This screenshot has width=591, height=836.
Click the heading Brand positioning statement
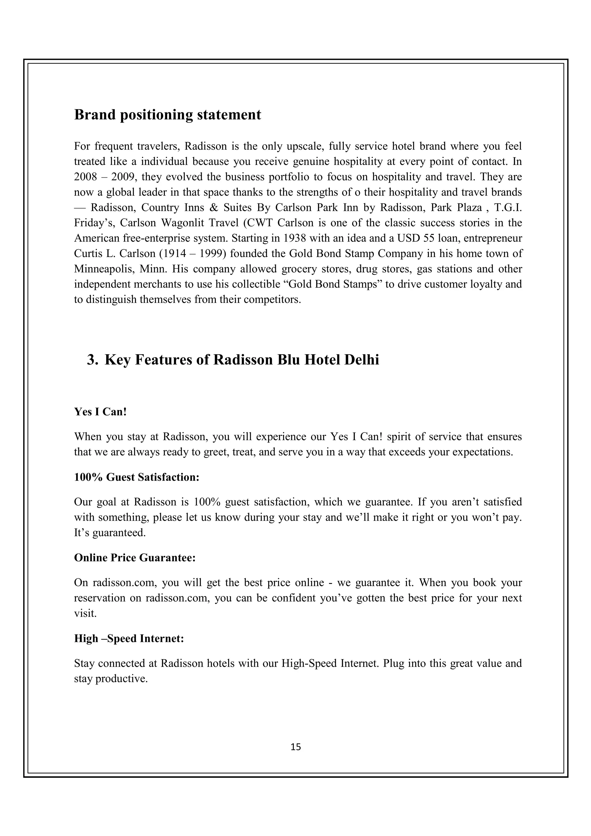[x=167, y=115]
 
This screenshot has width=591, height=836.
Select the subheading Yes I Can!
[x=100, y=412]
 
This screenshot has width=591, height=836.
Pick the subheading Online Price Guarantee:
[x=135, y=558]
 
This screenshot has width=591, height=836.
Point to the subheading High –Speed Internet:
[x=129, y=639]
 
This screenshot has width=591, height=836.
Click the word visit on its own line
[x=85, y=614]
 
